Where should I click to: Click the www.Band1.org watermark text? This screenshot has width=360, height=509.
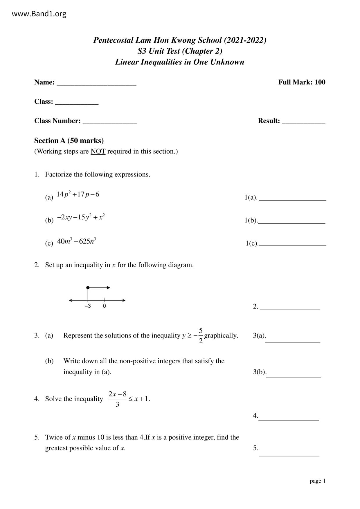tap(39, 14)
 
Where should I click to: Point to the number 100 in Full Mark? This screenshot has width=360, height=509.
tap(320, 82)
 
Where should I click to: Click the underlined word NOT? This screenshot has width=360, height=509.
tap(98, 151)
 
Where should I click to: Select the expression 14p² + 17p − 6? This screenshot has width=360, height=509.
tap(78, 194)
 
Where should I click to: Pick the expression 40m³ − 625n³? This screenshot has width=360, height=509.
tap(77, 241)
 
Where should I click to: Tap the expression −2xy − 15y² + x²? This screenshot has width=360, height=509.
tap(81, 217)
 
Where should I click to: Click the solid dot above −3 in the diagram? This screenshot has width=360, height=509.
tap(88, 288)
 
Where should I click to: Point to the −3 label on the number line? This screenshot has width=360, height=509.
tap(88, 306)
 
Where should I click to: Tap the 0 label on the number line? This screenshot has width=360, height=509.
tap(104, 306)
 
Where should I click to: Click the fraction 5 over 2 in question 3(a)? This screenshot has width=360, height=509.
tap(201, 335)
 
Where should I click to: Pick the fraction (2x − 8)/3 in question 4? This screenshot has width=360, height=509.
tap(117, 399)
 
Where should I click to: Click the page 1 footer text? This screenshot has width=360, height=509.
tap(318, 481)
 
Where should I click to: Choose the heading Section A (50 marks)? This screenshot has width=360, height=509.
tap(69, 141)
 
